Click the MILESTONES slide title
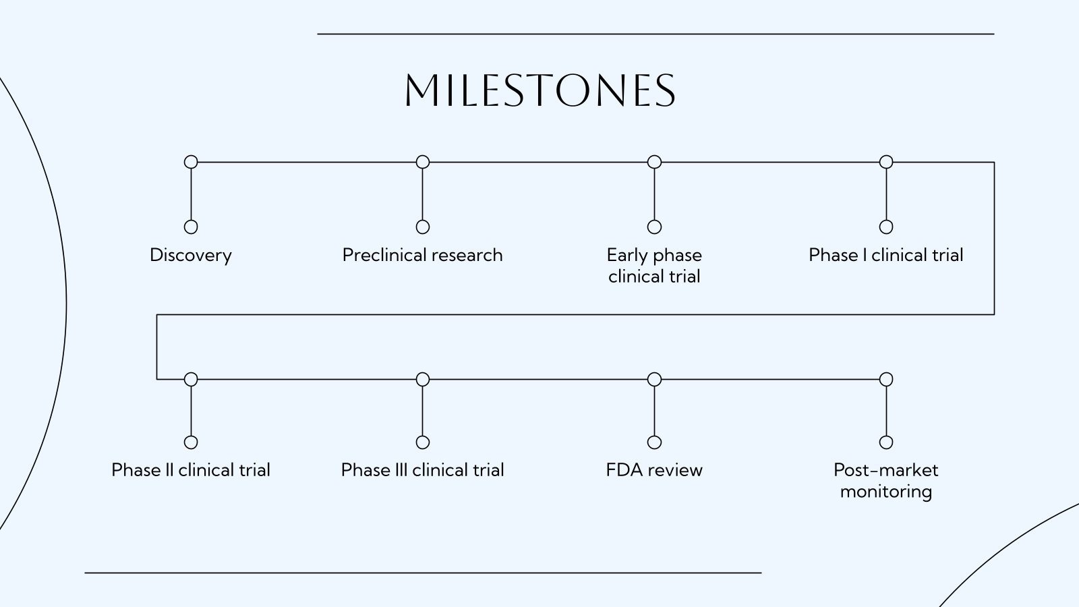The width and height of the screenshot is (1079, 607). pyautogui.click(x=539, y=90)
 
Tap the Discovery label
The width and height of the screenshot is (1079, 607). pyautogui.click(x=191, y=255)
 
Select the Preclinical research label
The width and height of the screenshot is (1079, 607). pyautogui.click(x=422, y=255)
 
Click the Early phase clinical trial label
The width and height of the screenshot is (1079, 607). pyautogui.click(x=654, y=265)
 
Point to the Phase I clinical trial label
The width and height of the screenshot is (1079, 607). pyautogui.click(x=885, y=255)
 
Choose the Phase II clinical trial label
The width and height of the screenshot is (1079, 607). pyautogui.click(x=191, y=470)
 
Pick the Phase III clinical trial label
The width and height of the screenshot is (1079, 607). pyautogui.click(x=422, y=470)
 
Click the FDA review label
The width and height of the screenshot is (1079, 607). pyautogui.click(x=654, y=470)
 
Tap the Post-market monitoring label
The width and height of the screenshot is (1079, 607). pyautogui.click(x=885, y=480)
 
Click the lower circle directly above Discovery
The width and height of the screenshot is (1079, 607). pyautogui.click(x=191, y=227)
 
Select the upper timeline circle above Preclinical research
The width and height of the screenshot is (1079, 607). pyautogui.click(x=423, y=162)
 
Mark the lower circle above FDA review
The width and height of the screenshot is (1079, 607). pyautogui.click(x=654, y=442)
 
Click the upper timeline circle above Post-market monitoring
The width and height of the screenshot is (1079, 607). pyautogui.click(x=886, y=379)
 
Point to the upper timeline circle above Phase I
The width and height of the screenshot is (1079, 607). pyautogui.click(x=886, y=162)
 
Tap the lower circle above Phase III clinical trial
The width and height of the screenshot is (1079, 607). pyautogui.click(x=423, y=442)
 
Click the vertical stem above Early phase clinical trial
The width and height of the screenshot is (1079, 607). pyautogui.click(x=654, y=194)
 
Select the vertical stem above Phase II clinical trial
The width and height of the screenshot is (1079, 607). pyautogui.click(x=191, y=411)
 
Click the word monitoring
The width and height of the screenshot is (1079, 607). pyautogui.click(x=885, y=491)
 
